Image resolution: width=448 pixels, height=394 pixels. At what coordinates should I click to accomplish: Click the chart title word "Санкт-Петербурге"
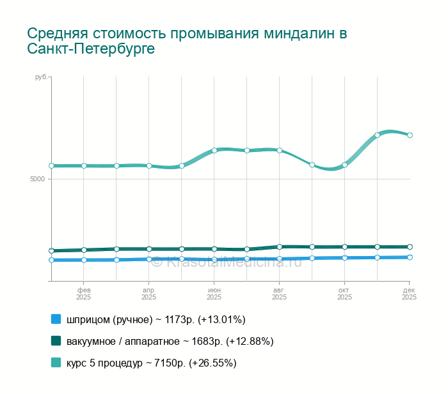pyautogui.click(x=91, y=49)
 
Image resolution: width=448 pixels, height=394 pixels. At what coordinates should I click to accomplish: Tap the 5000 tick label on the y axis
pyautogui.click(x=37, y=179)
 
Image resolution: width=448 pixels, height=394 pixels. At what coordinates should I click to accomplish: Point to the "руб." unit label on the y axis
pyautogui.click(x=40, y=77)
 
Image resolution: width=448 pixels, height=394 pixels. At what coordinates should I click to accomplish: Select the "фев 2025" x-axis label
pyautogui.click(x=84, y=293)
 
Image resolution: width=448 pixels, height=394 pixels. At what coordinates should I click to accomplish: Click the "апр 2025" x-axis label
pyautogui.click(x=148, y=293)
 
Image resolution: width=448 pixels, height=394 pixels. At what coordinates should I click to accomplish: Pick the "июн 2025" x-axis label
pyautogui.click(x=214, y=293)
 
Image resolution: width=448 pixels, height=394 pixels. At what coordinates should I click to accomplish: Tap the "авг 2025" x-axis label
pyautogui.click(x=279, y=293)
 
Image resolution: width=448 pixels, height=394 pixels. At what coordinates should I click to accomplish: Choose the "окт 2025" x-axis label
pyautogui.click(x=344, y=293)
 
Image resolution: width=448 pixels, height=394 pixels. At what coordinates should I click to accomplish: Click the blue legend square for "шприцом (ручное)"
pyautogui.click(x=56, y=319)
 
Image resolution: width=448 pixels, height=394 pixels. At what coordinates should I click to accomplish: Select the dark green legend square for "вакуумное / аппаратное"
pyautogui.click(x=56, y=341)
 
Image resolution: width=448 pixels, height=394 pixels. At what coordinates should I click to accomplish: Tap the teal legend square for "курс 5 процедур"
pyautogui.click(x=56, y=363)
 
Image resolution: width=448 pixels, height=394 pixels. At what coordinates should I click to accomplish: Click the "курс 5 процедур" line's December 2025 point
pyautogui.click(x=410, y=135)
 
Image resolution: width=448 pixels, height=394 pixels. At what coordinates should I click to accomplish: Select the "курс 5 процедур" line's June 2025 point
pyautogui.click(x=214, y=150)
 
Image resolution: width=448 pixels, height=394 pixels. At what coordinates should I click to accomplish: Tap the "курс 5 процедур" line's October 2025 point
pyautogui.click(x=344, y=165)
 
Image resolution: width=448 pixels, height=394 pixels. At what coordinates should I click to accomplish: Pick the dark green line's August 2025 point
pyautogui.click(x=280, y=246)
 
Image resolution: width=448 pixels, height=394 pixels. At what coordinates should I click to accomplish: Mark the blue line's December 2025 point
pyautogui.click(x=410, y=257)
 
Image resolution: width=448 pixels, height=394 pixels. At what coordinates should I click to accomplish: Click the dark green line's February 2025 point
pyautogui.click(x=84, y=250)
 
